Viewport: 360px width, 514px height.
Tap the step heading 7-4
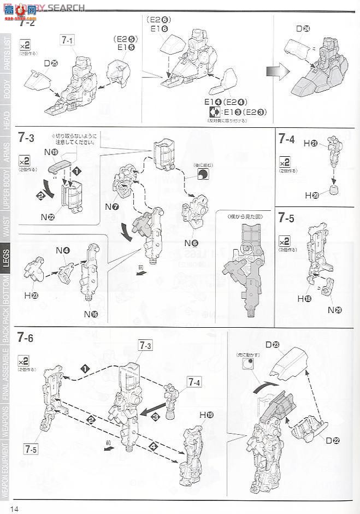pos(286,139)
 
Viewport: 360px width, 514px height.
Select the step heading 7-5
pos(286,218)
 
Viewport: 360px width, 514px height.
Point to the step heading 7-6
pos(26,338)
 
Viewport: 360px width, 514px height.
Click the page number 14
pos(13,509)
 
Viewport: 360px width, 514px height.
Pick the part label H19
pos(206,415)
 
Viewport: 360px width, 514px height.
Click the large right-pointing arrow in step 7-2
pos(279,73)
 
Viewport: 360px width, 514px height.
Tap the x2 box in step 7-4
pos(285,163)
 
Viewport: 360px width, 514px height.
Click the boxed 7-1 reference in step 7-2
pos(68,40)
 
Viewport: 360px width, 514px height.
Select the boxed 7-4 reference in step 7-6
pos(194,382)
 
